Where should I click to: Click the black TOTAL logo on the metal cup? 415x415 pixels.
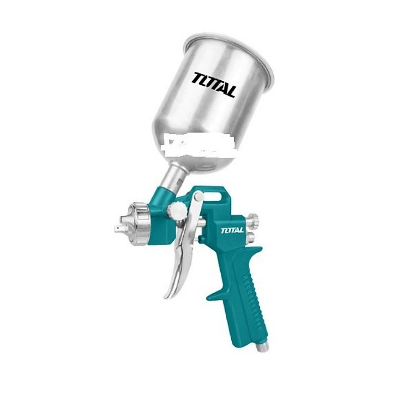[x=214, y=85]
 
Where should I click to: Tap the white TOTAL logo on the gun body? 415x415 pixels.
[x=232, y=230]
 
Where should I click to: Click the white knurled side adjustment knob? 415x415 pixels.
[x=177, y=211]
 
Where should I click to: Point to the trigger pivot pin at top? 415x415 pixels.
[x=198, y=196]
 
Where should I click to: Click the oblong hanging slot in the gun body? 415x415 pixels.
[x=211, y=195]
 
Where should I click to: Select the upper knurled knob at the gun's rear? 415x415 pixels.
[x=252, y=220]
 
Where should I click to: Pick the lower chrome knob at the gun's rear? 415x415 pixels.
[x=250, y=237]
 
